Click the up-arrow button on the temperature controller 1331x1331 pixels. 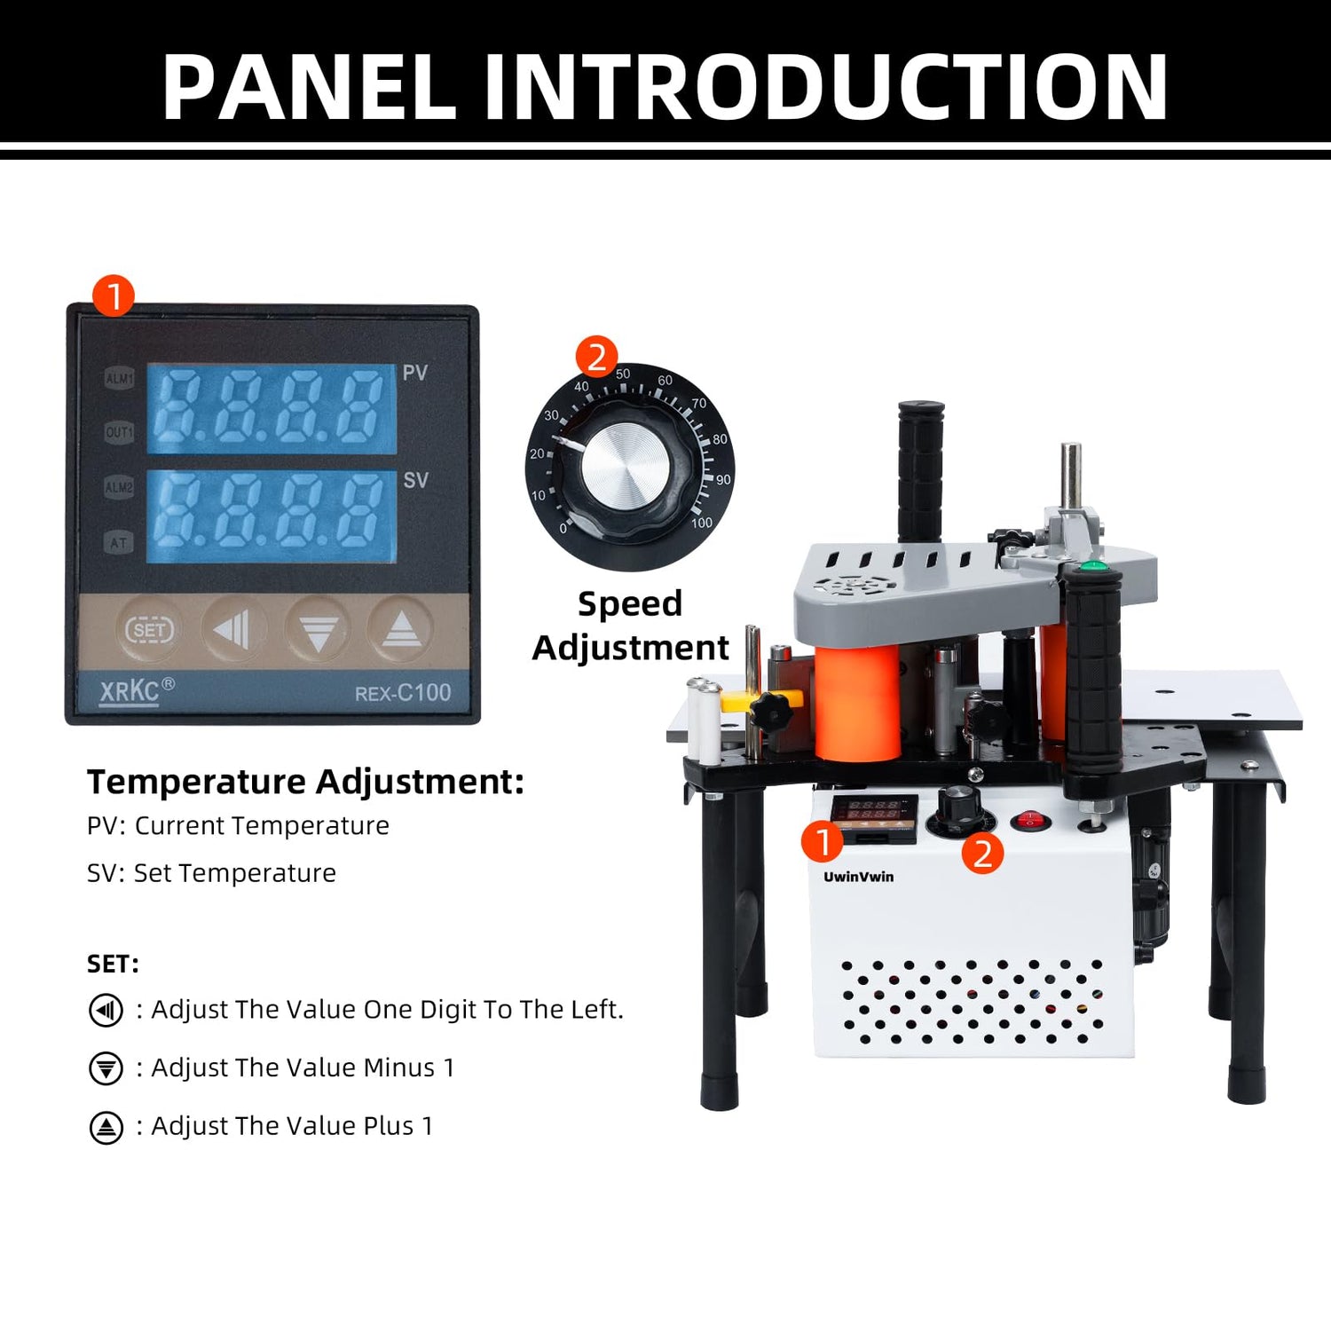(x=401, y=630)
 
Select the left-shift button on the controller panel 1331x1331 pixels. (x=232, y=630)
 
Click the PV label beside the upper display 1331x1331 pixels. (x=414, y=373)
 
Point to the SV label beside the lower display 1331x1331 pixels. (x=415, y=480)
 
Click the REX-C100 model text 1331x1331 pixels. (x=403, y=693)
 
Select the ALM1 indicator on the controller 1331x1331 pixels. (x=119, y=379)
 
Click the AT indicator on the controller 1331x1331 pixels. (x=119, y=543)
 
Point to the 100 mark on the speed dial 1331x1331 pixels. (x=701, y=523)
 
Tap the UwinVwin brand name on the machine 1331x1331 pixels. (x=858, y=877)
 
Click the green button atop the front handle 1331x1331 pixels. (x=1094, y=564)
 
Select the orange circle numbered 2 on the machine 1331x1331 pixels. (x=982, y=853)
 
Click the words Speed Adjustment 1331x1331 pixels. (x=630, y=626)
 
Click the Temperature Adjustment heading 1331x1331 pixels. (x=305, y=782)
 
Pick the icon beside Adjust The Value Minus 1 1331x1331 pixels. (x=106, y=1068)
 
